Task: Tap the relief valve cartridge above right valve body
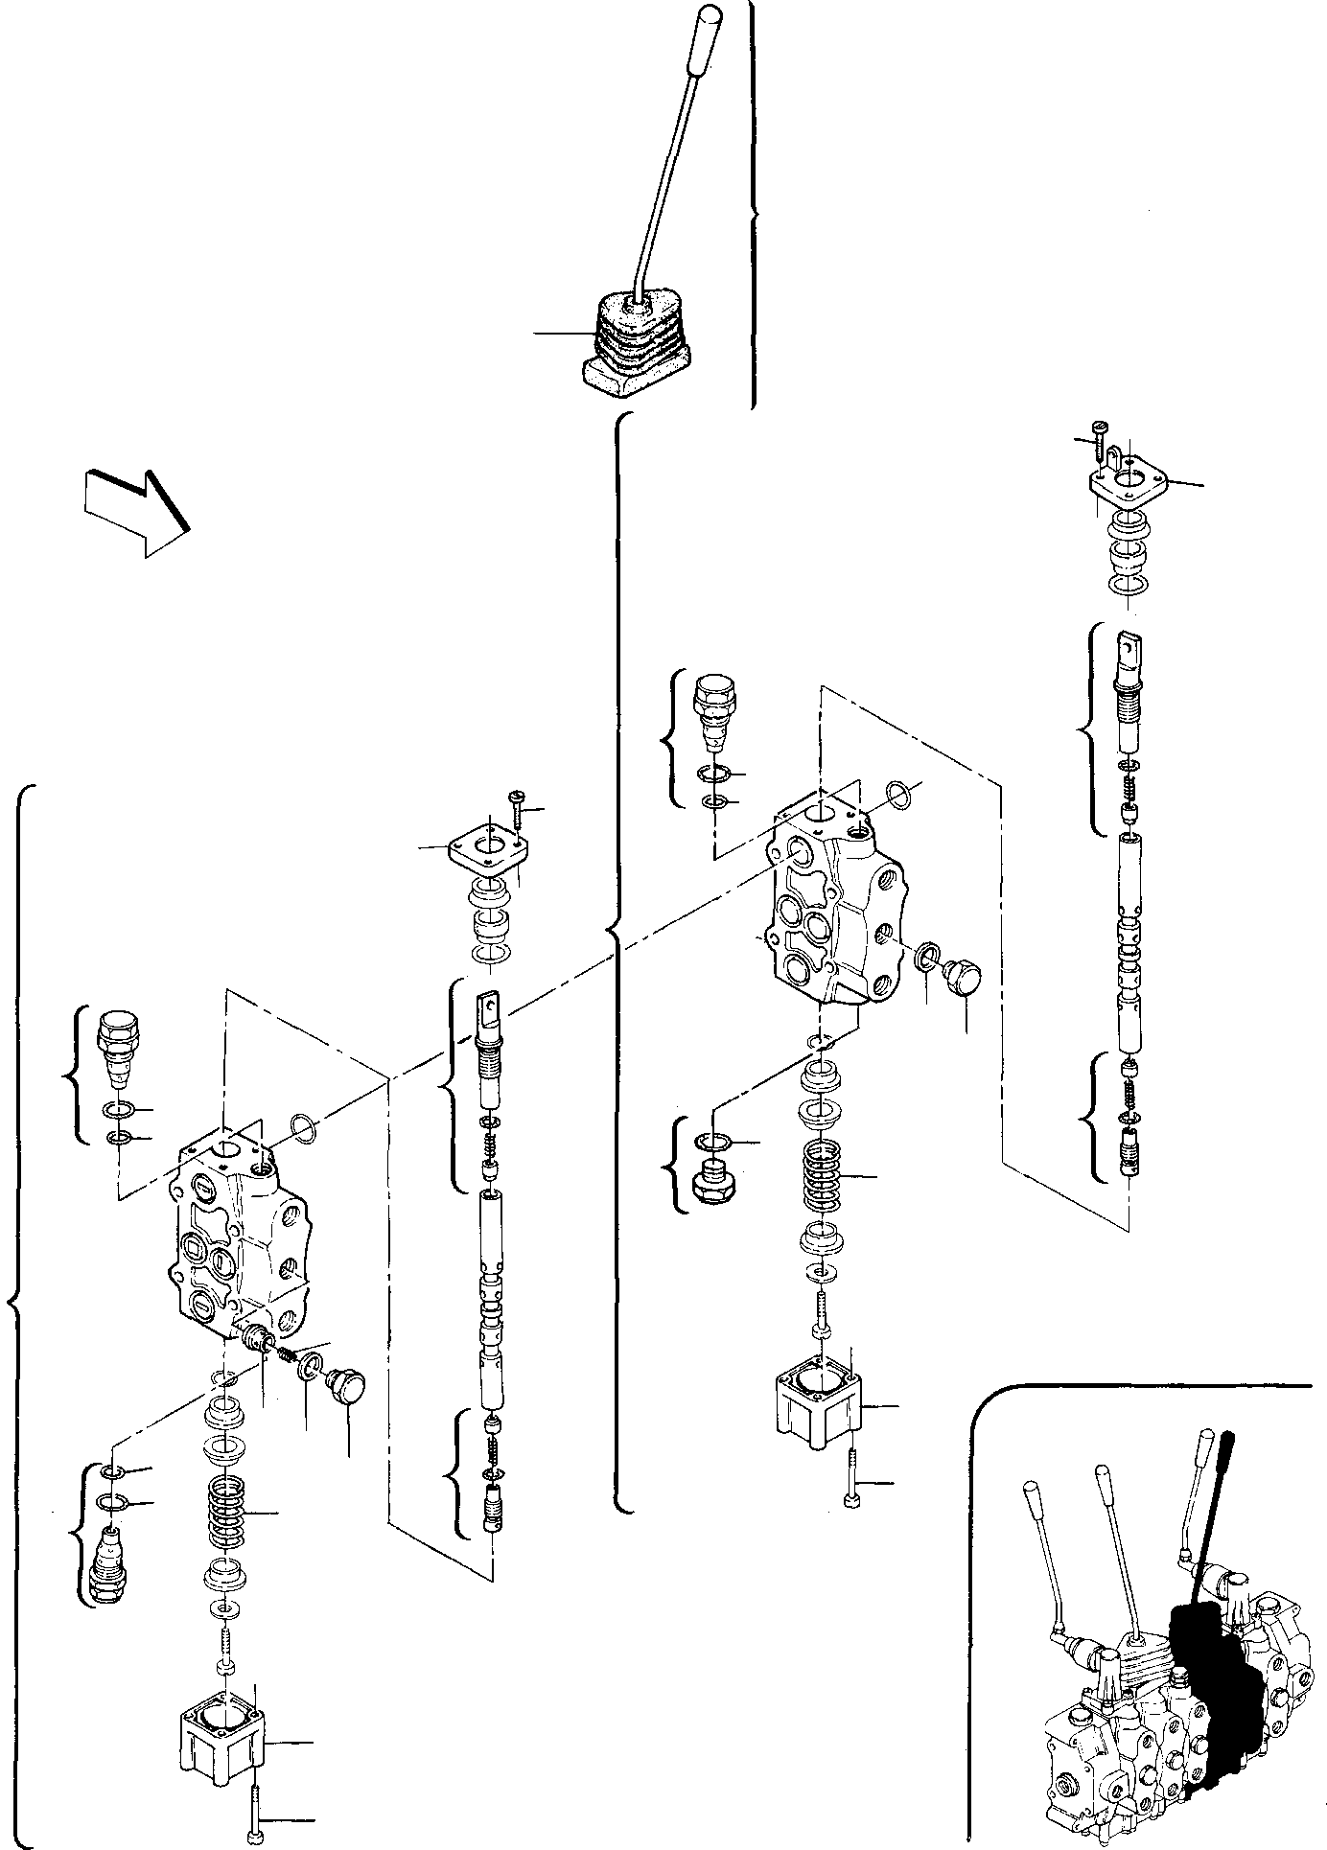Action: point(715,709)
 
